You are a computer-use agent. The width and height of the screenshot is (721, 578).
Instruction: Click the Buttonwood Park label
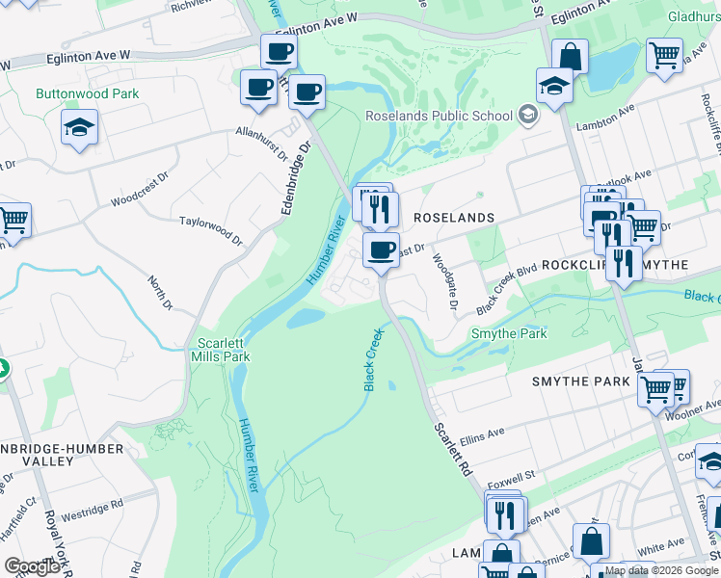[87, 94]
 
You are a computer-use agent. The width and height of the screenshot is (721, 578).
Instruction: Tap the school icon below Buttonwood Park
[79, 127]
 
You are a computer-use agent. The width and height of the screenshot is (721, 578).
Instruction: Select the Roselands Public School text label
[439, 117]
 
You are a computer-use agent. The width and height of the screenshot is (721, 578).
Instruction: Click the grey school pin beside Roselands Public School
[526, 116]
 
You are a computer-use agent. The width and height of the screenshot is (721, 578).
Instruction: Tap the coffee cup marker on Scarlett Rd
[381, 251]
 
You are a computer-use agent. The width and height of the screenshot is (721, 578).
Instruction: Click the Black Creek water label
[374, 360]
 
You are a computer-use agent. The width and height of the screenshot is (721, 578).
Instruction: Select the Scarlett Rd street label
[451, 449]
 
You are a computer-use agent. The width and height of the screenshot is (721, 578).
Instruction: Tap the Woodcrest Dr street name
[139, 202]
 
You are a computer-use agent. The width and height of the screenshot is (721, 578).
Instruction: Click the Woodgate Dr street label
[445, 279]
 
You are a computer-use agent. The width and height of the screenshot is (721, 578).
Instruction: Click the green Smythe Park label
[508, 334]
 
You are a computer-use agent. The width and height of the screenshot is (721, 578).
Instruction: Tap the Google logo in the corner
[32, 566]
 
